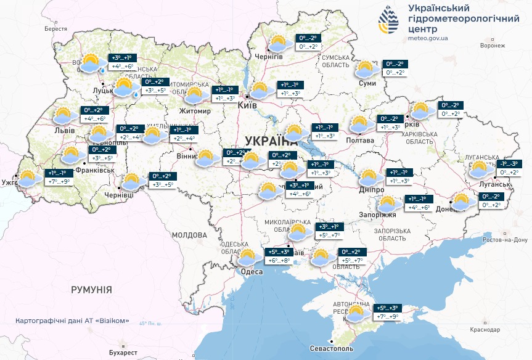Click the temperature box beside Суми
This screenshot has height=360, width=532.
pyautogui.click(x=395, y=68)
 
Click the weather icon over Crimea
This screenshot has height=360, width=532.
pyautogui.click(x=356, y=313)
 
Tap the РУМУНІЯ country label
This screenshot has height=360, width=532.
pyautogui.click(x=91, y=289)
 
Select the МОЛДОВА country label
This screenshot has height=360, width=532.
pyautogui.click(x=189, y=235)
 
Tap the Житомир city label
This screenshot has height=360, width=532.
pyautogui.click(x=195, y=111)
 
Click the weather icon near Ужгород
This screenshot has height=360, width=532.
pyautogui.click(x=28, y=179)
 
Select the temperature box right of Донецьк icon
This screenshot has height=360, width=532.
pyautogui.click(x=493, y=200)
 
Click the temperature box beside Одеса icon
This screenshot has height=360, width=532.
pyautogui.click(x=277, y=256)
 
